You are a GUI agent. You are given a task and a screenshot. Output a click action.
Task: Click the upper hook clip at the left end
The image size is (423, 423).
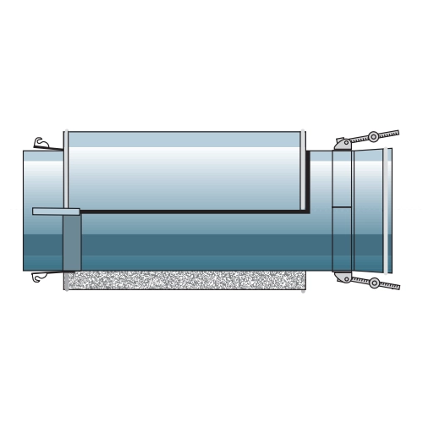pos(40,144)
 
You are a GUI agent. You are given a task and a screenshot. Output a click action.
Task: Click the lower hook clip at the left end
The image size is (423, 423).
pos(38,277)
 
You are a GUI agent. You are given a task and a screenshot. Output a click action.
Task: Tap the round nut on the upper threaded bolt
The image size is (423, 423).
pos(373,136)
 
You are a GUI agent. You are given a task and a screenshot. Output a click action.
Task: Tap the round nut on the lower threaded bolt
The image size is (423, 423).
pos(374,283)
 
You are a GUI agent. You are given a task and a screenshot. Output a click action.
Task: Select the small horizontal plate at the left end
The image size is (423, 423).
pos(56,211)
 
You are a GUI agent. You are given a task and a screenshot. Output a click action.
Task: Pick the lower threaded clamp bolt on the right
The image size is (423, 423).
pos(387,285)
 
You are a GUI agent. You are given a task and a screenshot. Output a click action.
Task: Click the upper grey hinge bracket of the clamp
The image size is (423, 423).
pos(342,144)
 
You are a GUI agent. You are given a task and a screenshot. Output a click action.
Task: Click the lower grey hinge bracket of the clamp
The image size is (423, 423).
pos(342,277)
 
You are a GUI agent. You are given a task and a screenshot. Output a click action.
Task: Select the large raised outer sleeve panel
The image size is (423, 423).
pos(184,169)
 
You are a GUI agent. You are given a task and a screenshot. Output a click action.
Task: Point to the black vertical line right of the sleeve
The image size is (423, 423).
pos(307,182)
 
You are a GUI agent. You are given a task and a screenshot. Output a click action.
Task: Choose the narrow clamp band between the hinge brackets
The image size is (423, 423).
pos(341,237)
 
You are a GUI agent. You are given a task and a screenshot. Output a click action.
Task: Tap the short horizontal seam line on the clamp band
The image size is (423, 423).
pos(341,206)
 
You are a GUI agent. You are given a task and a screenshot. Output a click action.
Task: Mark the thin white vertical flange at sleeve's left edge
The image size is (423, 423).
pos(65,169)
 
